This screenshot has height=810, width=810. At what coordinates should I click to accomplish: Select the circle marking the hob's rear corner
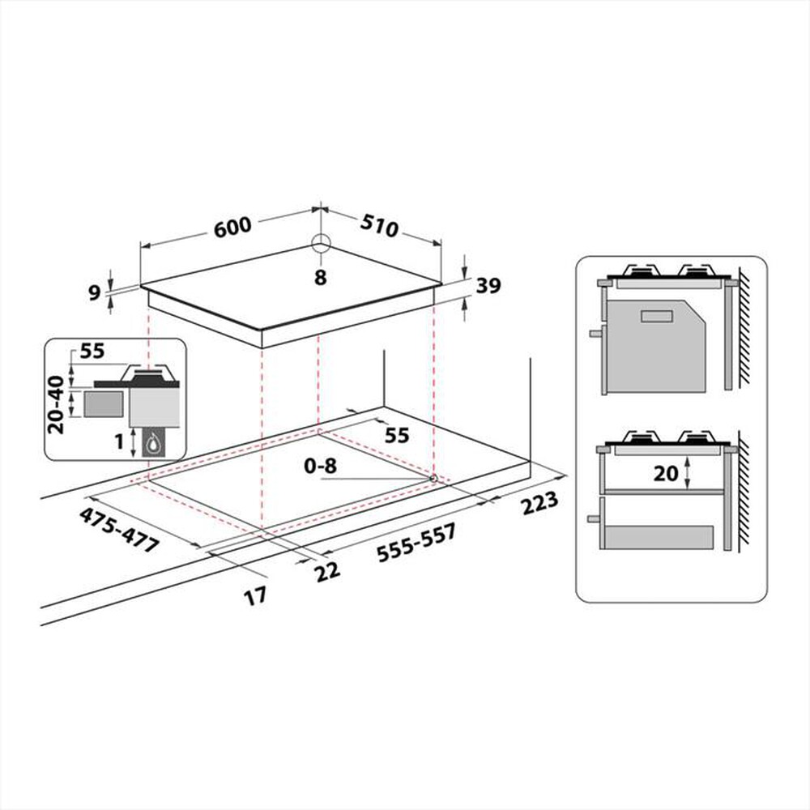(x=321, y=244)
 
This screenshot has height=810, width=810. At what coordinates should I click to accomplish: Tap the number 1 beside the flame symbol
(x=118, y=442)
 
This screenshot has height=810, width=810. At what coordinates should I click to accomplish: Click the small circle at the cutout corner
(x=433, y=479)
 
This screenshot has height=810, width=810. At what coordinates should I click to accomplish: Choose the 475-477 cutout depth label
(x=118, y=531)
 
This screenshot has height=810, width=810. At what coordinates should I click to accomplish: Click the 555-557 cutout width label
(x=416, y=543)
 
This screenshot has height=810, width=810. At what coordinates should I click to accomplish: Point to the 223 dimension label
(x=539, y=504)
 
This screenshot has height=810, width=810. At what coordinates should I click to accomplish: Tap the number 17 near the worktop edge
(x=255, y=597)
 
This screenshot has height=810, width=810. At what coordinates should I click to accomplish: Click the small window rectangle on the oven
(x=657, y=316)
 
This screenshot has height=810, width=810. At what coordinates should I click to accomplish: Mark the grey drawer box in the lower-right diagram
(x=659, y=537)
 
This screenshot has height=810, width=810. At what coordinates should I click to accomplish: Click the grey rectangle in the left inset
(x=104, y=403)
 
